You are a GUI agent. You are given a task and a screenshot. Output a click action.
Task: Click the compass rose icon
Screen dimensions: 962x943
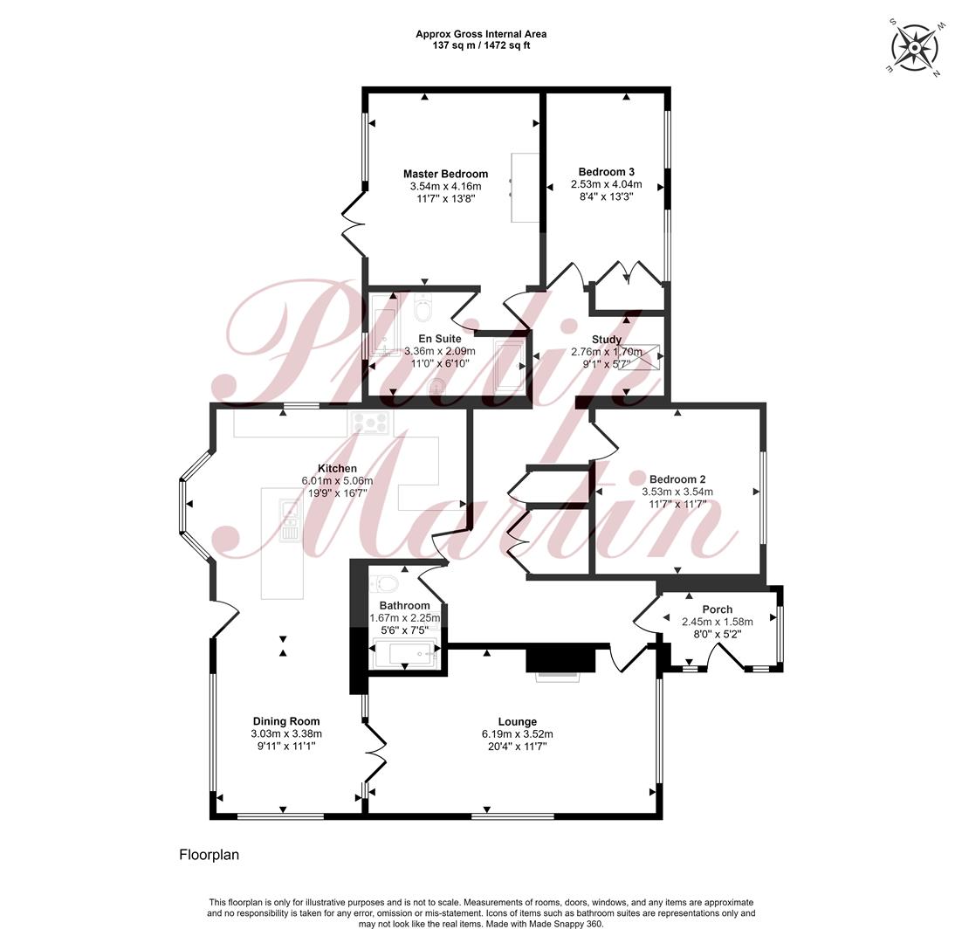click(914, 48)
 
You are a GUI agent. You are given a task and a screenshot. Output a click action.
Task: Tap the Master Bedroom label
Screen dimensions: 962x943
click(445, 175)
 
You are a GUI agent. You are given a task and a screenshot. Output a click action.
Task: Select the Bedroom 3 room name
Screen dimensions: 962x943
click(606, 172)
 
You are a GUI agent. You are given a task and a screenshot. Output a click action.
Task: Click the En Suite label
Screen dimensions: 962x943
click(440, 339)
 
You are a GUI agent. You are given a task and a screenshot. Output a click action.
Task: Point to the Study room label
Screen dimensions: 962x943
click(607, 340)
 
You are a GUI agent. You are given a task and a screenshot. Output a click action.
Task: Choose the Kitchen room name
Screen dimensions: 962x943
click(338, 469)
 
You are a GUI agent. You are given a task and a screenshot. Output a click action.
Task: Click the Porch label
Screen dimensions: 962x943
click(718, 609)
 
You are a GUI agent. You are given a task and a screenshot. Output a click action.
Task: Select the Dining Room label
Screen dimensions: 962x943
click(286, 721)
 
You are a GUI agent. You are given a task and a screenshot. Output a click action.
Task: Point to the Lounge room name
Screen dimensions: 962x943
click(517, 722)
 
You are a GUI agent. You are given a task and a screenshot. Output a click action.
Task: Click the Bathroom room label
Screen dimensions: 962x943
click(404, 606)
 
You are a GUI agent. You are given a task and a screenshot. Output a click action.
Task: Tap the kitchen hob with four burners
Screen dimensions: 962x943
click(369, 423)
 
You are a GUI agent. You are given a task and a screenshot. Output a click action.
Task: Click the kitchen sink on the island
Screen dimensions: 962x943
click(290, 520)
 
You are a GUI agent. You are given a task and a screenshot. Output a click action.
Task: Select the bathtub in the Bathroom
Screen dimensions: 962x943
click(405, 653)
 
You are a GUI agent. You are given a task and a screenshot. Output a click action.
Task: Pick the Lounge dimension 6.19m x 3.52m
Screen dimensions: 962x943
click(517, 734)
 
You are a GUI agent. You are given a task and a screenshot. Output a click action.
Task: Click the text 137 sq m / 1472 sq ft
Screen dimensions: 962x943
click(481, 45)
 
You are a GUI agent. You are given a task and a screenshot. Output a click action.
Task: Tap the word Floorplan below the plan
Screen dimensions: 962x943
click(210, 855)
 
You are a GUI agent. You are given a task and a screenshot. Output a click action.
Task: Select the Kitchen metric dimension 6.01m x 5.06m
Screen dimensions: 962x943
click(338, 481)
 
